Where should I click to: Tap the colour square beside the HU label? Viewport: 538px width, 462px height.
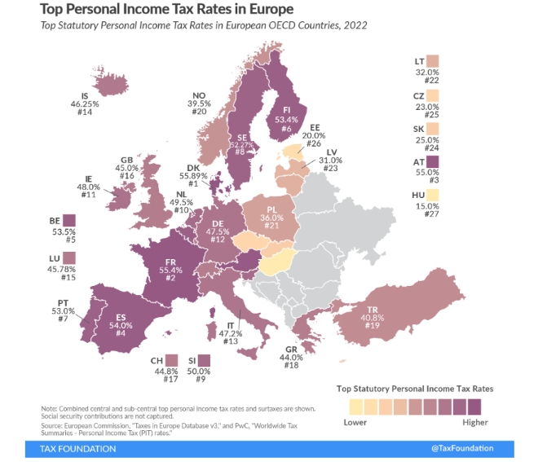432,195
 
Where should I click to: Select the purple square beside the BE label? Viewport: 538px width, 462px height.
68,221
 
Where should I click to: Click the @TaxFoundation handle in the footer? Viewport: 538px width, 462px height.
484,449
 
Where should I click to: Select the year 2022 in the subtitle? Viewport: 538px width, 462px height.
355,25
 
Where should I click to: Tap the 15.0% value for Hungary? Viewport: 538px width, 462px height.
421,206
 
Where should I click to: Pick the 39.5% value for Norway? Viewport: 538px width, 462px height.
200,103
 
